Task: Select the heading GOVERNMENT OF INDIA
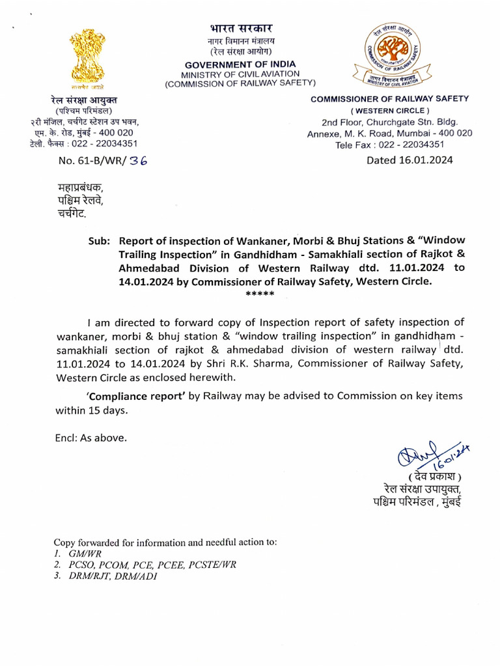(240, 64)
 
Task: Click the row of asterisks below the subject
(260, 295)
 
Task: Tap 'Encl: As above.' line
(91, 438)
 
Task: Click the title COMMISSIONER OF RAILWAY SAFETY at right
(389, 98)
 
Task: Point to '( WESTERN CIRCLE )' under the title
(391, 111)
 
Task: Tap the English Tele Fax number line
(389, 145)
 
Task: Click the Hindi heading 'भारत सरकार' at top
(241, 28)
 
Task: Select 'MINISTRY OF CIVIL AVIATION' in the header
(240, 74)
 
